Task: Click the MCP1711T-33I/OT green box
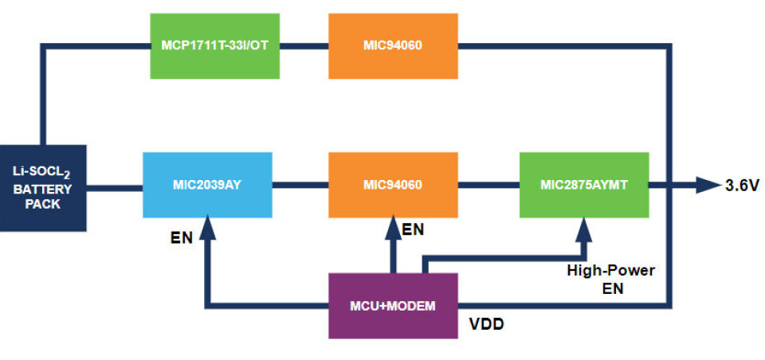pyautogui.click(x=215, y=45)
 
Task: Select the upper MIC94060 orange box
pyautogui.click(x=393, y=45)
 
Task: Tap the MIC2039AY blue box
pyautogui.click(x=206, y=185)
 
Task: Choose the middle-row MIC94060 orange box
pyautogui.click(x=393, y=185)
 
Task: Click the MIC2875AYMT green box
pyautogui.click(x=583, y=185)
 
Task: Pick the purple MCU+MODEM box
pyautogui.click(x=393, y=306)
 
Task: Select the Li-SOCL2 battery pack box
pyautogui.click(x=42, y=188)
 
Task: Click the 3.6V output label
pyautogui.click(x=743, y=186)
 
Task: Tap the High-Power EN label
pyautogui.click(x=610, y=280)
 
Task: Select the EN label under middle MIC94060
pyautogui.click(x=413, y=230)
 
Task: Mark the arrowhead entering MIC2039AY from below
pyautogui.click(x=208, y=230)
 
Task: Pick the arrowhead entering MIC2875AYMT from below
pyautogui.click(x=583, y=230)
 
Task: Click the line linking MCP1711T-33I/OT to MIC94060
pyautogui.click(x=304, y=46)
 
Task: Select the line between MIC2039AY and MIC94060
pyautogui.click(x=300, y=186)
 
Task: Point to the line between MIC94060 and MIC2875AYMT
pyautogui.click(x=488, y=186)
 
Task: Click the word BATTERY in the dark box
pyautogui.click(x=42, y=190)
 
